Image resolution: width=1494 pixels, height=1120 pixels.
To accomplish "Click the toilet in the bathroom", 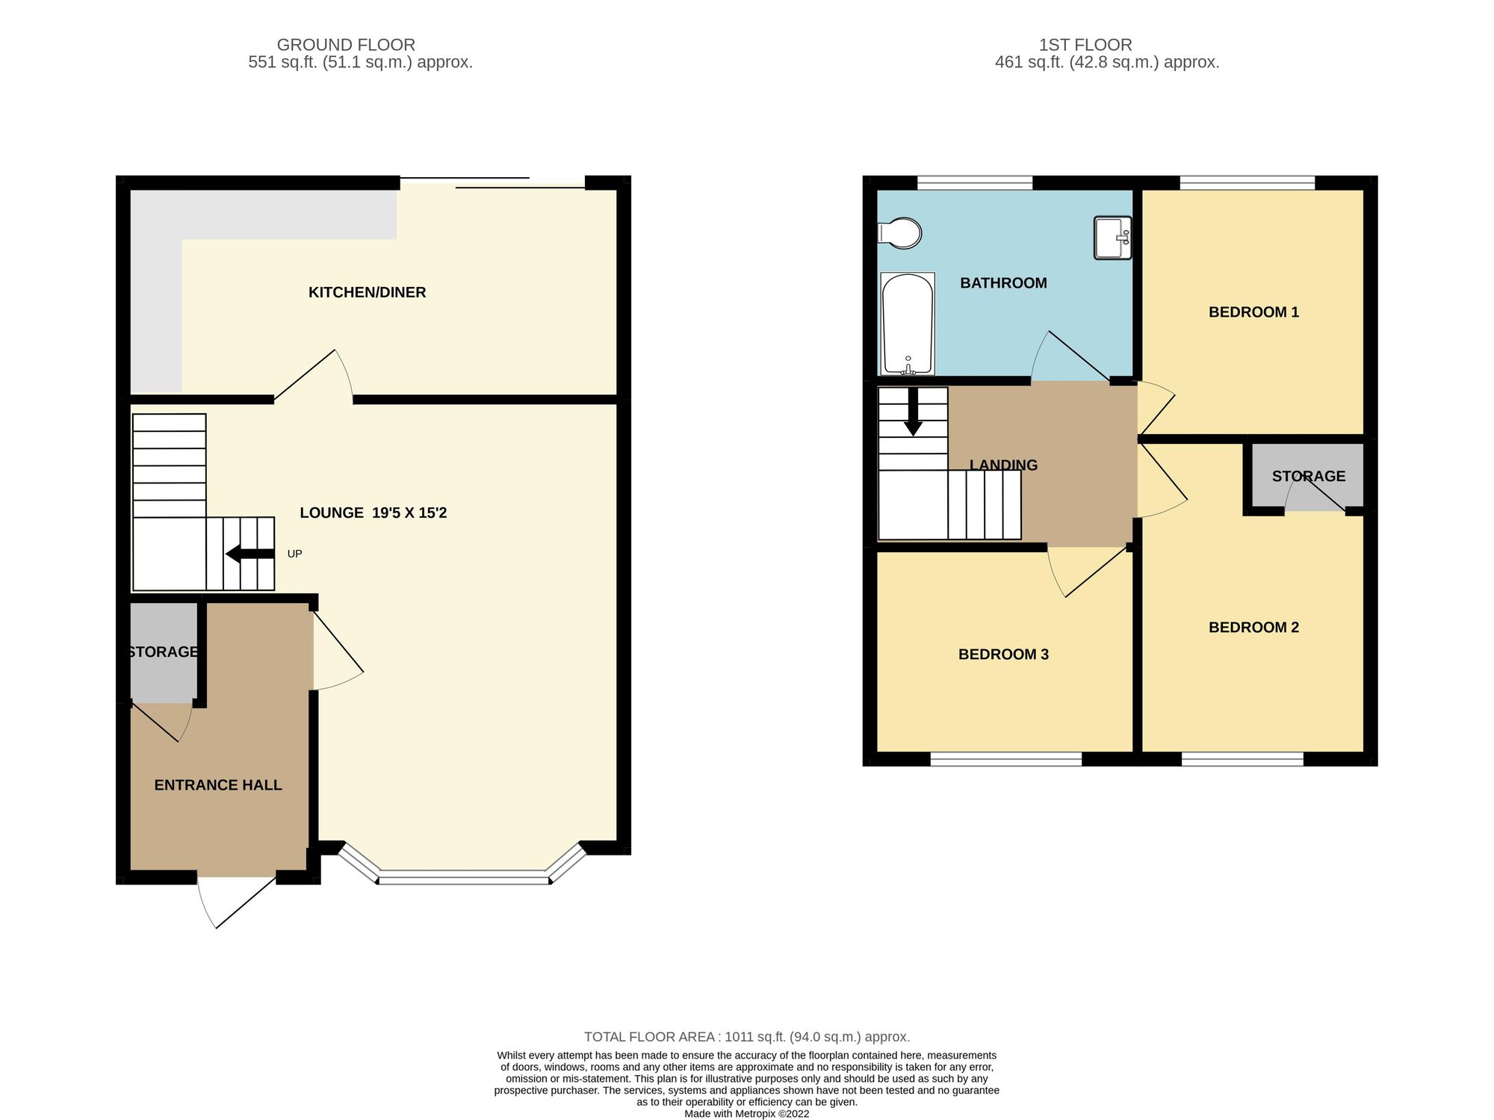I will click(900, 233).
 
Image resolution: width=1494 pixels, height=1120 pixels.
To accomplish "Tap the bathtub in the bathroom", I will click(908, 324).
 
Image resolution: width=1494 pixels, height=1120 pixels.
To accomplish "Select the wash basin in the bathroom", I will click(1112, 238).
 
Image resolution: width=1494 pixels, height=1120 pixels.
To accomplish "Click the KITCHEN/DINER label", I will click(367, 292).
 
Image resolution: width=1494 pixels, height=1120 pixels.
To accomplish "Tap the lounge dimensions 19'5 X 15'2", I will click(409, 513).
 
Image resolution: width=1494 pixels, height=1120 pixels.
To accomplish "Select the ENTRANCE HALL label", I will click(217, 785).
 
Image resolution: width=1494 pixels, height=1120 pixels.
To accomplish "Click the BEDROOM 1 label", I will click(1253, 312).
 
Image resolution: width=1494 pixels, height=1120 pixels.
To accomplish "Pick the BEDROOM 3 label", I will click(1003, 655).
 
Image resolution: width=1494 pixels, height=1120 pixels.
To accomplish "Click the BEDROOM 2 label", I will click(1253, 628).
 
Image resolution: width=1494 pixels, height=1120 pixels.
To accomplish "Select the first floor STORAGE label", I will click(1308, 476).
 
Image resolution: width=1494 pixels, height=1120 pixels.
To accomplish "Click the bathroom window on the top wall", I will click(974, 182).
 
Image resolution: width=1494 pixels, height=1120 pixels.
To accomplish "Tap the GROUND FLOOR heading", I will click(346, 45).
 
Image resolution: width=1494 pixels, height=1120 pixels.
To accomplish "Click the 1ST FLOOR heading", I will click(1085, 45).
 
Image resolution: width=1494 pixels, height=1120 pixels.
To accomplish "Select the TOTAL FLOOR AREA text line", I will click(746, 1036).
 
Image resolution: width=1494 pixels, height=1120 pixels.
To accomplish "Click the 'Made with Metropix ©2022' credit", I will click(746, 1113).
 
